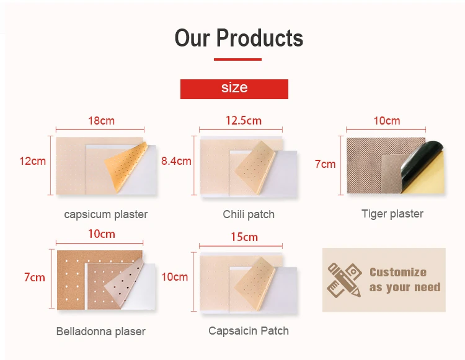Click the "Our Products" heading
[239, 38]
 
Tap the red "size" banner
[234, 88]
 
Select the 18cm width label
[100, 121]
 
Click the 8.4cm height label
[176, 161]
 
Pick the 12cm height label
[33, 161]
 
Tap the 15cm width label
[244, 237]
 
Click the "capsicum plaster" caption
[106, 214]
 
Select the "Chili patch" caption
[249, 214]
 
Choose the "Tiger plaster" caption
[392, 214]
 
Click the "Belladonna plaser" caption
[101, 331]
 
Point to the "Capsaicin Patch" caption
[249, 330]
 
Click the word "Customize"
[398, 272]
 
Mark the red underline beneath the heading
[238, 59]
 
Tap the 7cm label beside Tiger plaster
[325, 164]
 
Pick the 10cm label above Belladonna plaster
[102, 234]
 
